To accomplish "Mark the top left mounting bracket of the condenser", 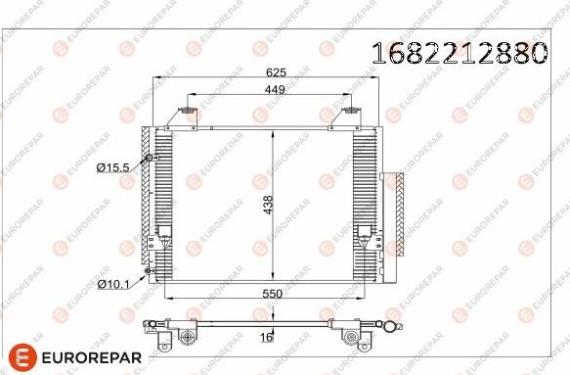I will (184, 117).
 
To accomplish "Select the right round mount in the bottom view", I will (348, 339).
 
